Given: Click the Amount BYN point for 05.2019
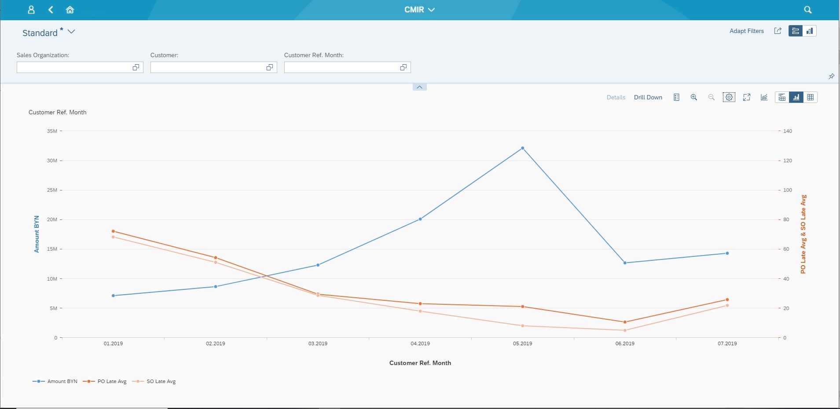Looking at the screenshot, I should (522, 148).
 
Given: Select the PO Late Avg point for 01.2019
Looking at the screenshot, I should (113, 231).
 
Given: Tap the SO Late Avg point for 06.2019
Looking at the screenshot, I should (625, 330).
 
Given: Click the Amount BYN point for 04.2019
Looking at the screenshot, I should (420, 219).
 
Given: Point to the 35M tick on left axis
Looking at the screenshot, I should (52, 131).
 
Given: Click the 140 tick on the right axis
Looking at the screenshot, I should (787, 131).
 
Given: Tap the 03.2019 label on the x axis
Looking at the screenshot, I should (318, 343).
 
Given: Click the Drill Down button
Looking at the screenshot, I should (648, 97).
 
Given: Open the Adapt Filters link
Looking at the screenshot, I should (746, 31).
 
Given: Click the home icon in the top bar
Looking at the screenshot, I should (70, 10).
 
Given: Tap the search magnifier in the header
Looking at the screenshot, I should (807, 10).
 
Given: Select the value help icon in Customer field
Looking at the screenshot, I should (269, 67).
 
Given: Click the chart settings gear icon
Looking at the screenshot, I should (729, 97).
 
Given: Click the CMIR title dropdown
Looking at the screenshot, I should (419, 10).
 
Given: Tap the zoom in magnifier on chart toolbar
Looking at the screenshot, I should (693, 97).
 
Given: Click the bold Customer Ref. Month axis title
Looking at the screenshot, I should (420, 363).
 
